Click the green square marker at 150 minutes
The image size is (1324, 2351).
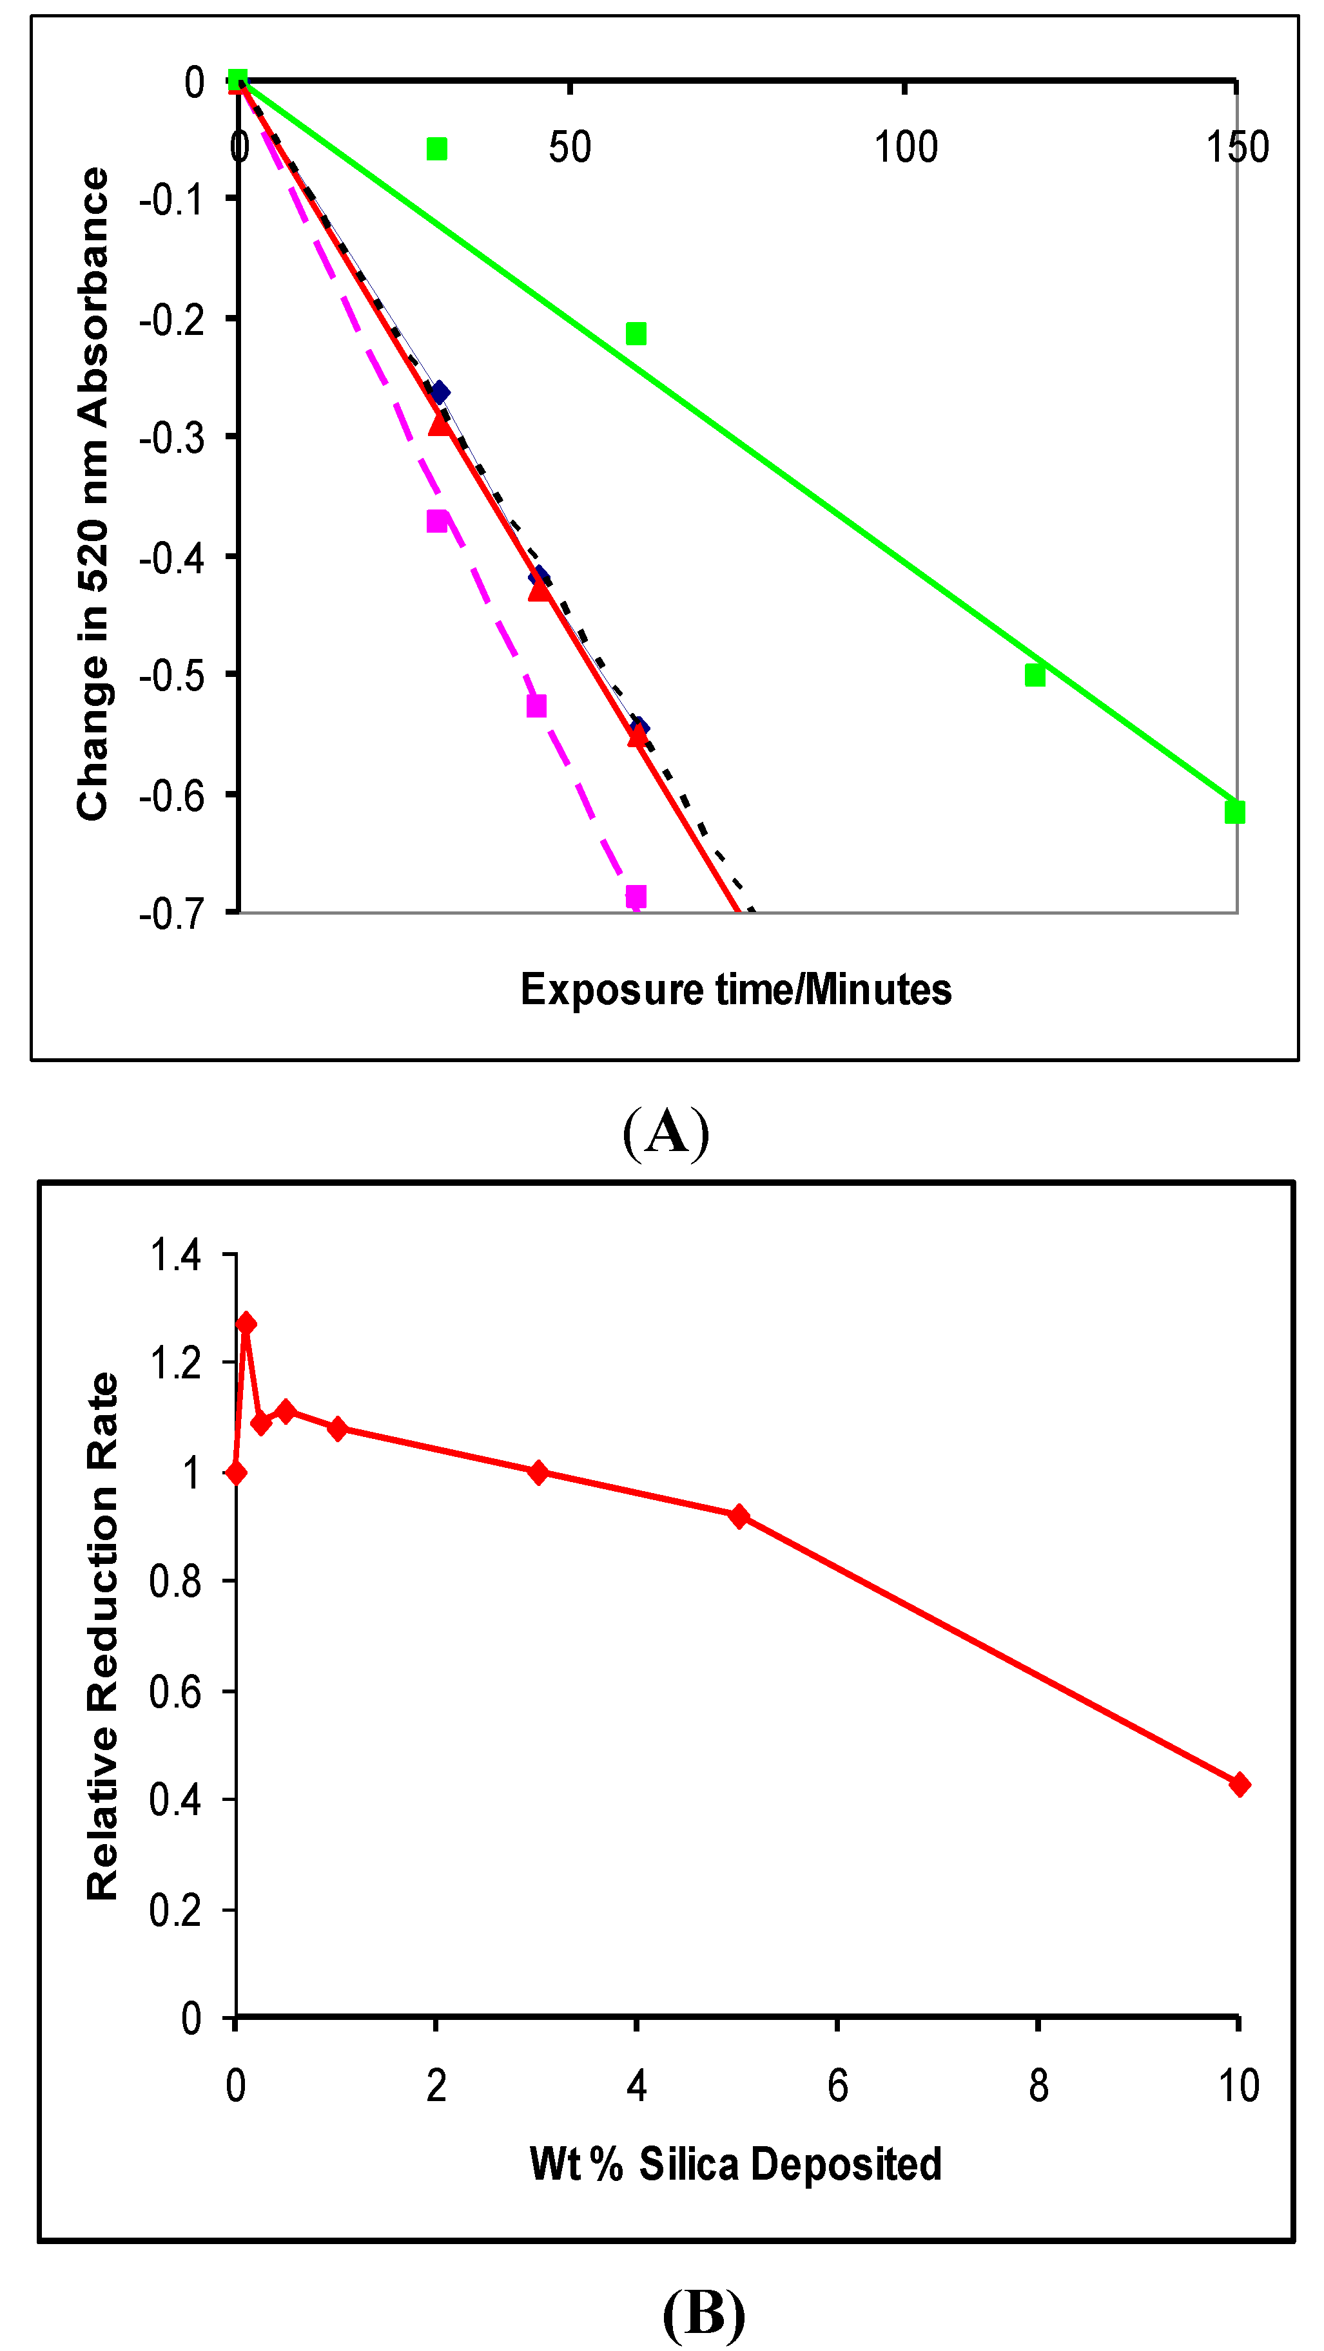[x=1234, y=812]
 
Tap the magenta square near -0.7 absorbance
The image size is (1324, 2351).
[x=636, y=896]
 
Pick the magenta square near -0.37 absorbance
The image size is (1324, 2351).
[x=438, y=521]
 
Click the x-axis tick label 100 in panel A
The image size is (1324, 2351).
[x=905, y=147]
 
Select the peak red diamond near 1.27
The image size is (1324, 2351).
[x=246, y=1324]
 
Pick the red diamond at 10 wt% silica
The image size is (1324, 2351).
[x=1238, y=1784]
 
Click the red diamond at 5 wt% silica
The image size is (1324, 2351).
[x=739, y=1517]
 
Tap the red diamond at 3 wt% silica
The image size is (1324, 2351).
[x=538, y=1472]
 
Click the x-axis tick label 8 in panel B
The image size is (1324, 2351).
[x=1038, y=2086]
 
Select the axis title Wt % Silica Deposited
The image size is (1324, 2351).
[x=735, y=2164]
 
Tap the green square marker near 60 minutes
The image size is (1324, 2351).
[x=636, y=334]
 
